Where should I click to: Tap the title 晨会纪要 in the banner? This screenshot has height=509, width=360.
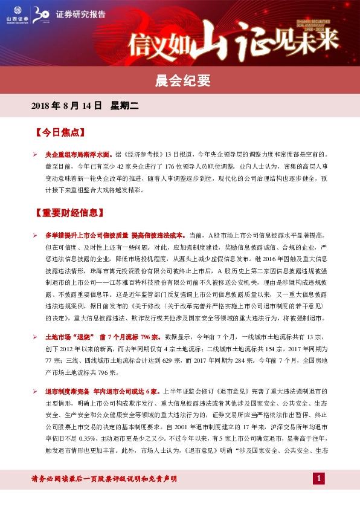(x=179, y=79)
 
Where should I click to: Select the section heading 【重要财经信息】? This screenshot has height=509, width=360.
(x=69, y=213)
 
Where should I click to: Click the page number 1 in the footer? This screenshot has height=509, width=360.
(x=319, y=479)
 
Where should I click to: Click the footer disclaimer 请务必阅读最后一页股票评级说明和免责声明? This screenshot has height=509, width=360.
(x=104, y=479)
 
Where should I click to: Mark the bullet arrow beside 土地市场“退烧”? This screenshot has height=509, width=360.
(x=36, y=336)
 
